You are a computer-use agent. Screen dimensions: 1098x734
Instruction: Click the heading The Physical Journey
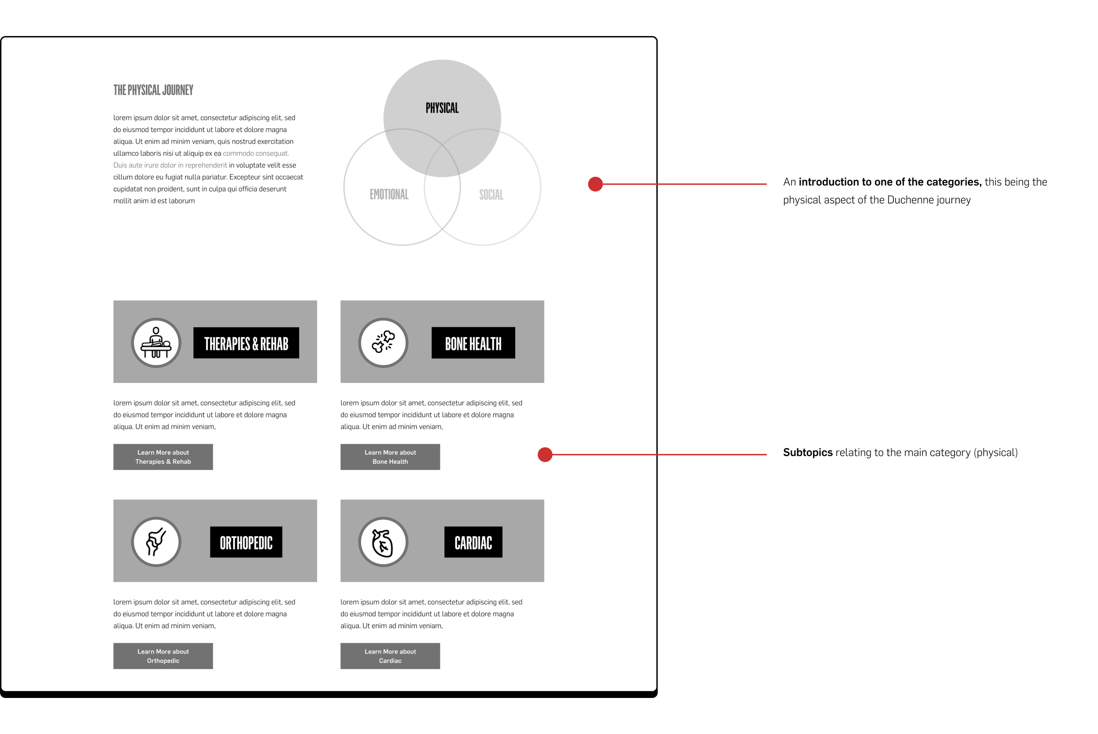pos(153,90)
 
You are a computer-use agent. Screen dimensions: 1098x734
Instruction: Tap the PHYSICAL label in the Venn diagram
pos(441,108)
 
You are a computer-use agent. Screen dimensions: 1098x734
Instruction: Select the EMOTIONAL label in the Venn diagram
pos(389,194)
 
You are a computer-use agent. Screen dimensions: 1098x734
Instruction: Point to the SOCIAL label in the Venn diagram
pos(491,195)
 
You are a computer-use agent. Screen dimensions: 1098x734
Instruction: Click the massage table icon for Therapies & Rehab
pos(156,343)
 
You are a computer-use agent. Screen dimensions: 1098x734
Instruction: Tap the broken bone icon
pos(383,343)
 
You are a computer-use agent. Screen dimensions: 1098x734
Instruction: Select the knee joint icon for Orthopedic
pos(156,542)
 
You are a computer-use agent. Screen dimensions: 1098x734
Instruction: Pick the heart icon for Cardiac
pos(383,542)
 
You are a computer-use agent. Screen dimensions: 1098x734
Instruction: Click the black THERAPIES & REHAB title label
pos(246,343)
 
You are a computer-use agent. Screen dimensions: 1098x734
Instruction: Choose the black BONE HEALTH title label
pos(473,343)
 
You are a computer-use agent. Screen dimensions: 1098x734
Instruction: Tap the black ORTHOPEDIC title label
pos(246,542)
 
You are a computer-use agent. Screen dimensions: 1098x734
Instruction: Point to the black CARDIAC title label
pos(473,542)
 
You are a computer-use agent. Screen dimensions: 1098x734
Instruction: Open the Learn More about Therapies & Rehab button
pos(163,457)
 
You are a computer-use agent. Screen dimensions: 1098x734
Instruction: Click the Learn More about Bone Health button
pos(390,457)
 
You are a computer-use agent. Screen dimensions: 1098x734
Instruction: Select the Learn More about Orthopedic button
pos(163,656)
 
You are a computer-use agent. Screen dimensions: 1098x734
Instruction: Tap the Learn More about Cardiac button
pos(390,656)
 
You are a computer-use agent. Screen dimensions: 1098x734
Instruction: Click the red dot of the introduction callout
pos(595,184)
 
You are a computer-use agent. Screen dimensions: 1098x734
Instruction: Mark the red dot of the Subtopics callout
pos(545,454)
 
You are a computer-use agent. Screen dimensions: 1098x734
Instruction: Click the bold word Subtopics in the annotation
pos(807,453)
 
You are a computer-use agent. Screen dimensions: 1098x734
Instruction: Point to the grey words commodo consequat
pos(256,154)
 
